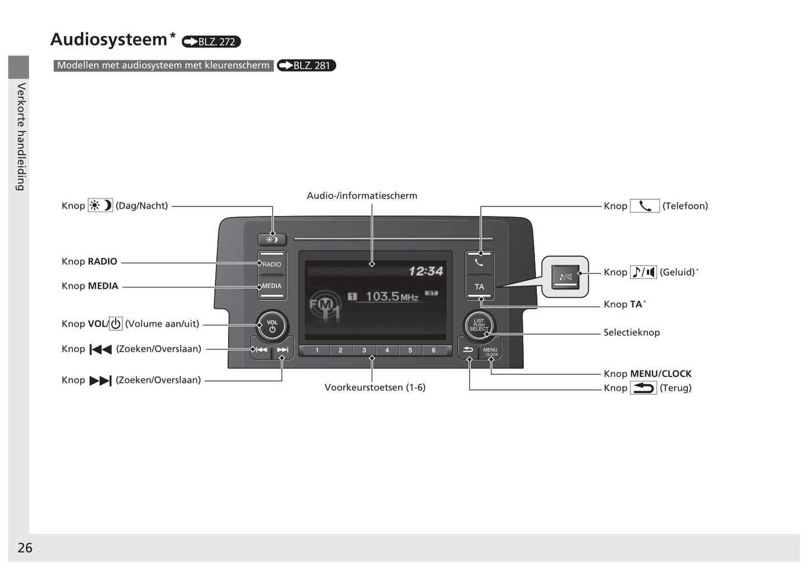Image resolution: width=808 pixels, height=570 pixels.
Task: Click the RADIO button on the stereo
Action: coord(272,264)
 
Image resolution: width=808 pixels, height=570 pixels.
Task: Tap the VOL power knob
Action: coord(272,326)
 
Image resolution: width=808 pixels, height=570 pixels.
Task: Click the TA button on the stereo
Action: coord(479,287)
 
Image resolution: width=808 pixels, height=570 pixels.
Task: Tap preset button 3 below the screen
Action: coord(364,351)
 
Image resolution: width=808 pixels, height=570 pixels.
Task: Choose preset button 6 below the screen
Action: coord(433,351)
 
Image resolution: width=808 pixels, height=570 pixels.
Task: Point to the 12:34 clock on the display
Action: coord(426,271)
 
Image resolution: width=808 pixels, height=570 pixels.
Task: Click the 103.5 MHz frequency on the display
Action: coord(391,296)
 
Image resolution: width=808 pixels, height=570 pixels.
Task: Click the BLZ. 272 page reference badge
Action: coord(211,42)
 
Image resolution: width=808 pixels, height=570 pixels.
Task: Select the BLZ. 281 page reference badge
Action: coord(306,65)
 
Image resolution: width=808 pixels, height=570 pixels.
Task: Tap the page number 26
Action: coord(25,548)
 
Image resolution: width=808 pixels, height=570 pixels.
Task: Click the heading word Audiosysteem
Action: coord(109,40)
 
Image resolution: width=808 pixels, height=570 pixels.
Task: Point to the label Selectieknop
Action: coord(631,332)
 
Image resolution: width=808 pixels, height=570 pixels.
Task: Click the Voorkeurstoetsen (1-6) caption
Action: coord(375,388)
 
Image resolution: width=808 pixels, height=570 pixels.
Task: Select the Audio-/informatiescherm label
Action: coord(362,196)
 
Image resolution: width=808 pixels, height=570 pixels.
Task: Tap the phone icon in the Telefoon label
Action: coord(645,206)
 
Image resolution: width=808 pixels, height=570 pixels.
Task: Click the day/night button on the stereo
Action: coord(272,239)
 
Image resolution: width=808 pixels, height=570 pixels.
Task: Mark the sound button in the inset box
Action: coord(565,277)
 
